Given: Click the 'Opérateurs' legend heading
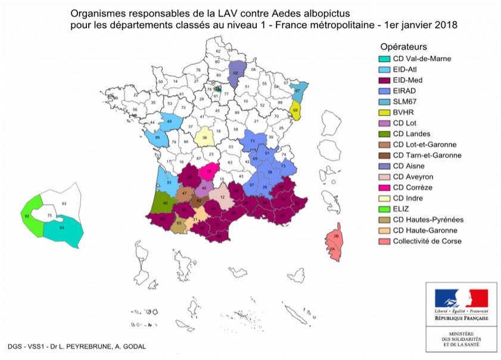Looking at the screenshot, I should click(x=403, y=46).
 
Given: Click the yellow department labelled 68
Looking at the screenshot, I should click(x=296, y=110).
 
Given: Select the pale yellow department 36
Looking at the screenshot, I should click(x=205, y=136).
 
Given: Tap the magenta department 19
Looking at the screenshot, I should click(x=209, y=172).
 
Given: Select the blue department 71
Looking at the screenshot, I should click(x=253, y=142).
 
